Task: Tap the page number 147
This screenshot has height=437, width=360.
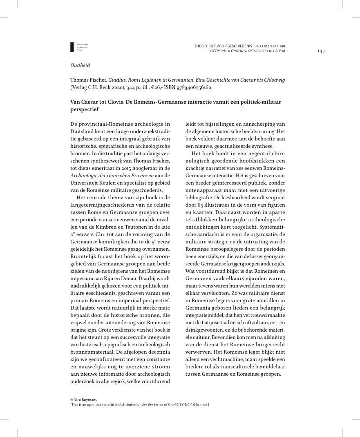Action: click(x=321, y=51)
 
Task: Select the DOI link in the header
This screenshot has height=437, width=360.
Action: click(x=247, y=51)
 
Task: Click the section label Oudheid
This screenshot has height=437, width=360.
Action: click(x=80, y=65)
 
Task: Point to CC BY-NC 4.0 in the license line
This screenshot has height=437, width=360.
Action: click(x=186, y=405)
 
